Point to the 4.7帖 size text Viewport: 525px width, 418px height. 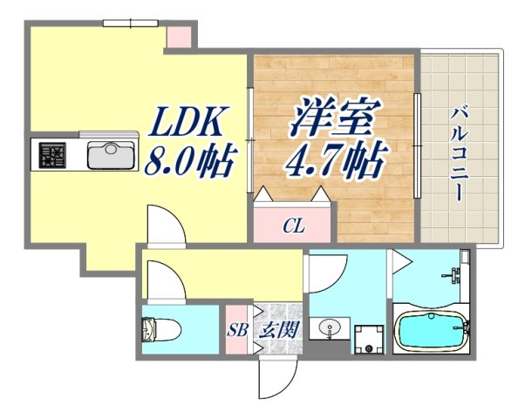click(x=336, y=159)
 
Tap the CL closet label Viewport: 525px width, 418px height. click(x=293, y=227)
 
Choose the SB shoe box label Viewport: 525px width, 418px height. click(x=236, y=331)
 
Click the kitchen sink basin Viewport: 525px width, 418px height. click(x=109, y=157)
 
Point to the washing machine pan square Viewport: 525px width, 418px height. click(x=369, y=339)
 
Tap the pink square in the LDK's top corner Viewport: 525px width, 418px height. click(x=178, y=37)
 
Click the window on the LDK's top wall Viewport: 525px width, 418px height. click(x=129, y=24)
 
